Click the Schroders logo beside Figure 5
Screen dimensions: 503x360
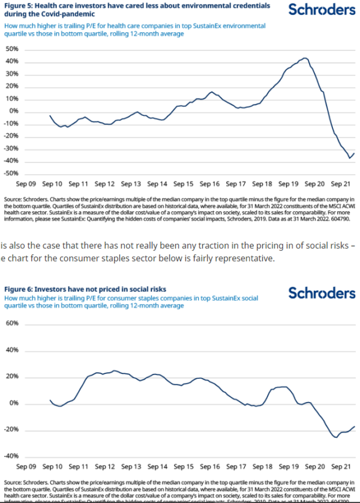(321, 11)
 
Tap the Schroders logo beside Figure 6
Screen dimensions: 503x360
(321, 293)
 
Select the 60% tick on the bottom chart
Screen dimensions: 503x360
(13, 323)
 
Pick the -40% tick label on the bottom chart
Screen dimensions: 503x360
(12, 456)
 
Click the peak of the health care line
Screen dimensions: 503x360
(305, 58)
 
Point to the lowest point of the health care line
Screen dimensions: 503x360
(350, 158)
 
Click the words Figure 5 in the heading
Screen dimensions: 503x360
(18, 5)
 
